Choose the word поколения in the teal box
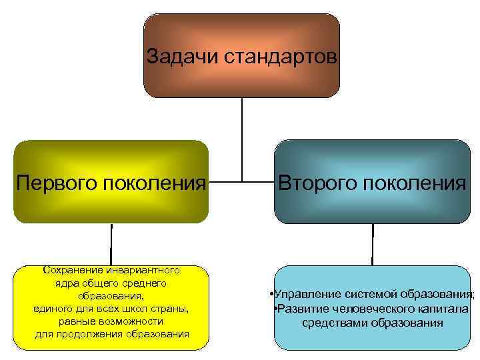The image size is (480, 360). coord(415,182)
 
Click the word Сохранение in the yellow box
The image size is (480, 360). coord(71,270)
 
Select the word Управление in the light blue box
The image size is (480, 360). coord(303,294)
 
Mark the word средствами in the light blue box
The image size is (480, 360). coord(331,323)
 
